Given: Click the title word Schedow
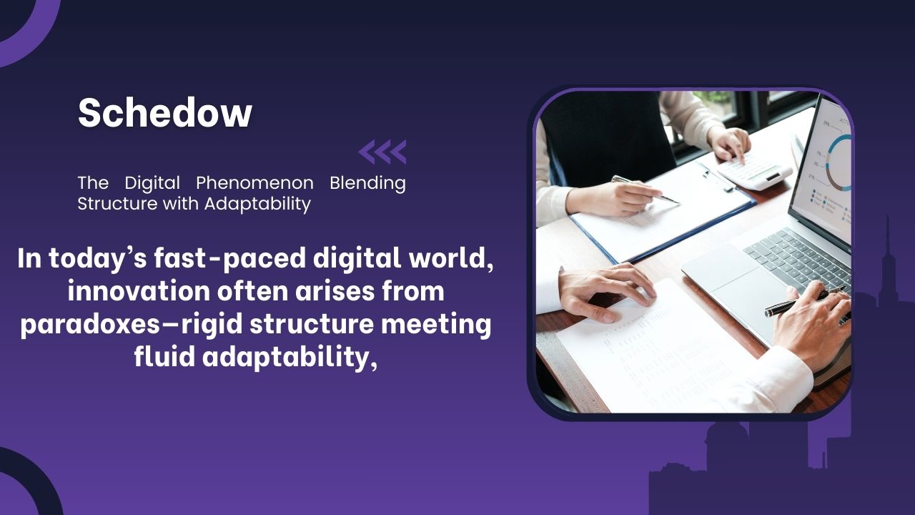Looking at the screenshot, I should tap(165, 113).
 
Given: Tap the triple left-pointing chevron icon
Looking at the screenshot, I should tap(382, 152).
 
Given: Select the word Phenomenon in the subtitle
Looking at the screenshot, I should tap(255, 183).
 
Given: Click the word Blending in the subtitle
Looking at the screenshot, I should tap(367, 183).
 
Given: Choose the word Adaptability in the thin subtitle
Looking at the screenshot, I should tap(257, 204).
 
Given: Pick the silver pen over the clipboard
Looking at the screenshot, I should tap(644, 189).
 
